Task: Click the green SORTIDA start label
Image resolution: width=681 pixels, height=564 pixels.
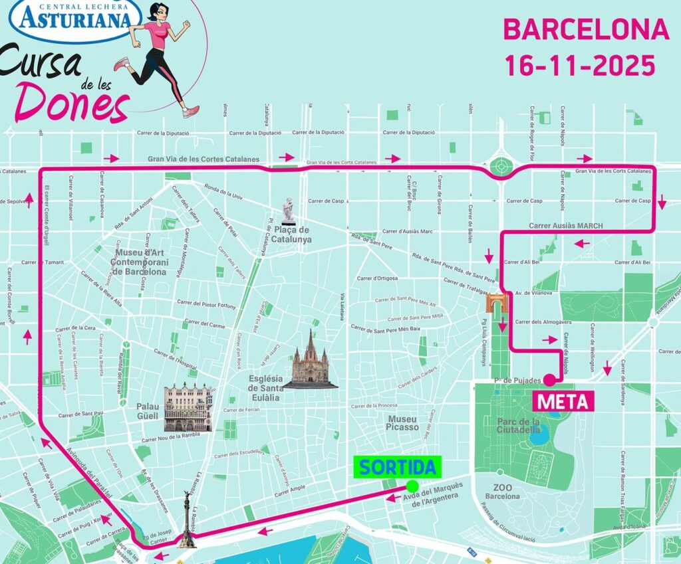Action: tap(398, 467)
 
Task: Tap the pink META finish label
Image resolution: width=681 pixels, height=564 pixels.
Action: tap(562, 401)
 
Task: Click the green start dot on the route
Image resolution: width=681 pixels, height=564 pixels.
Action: tap(412, 486)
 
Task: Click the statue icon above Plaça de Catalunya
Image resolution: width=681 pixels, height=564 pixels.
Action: tap(288, 211)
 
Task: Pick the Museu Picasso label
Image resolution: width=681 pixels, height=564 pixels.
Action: tap(402, 423)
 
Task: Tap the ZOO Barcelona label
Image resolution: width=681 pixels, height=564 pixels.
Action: tap(503, 492)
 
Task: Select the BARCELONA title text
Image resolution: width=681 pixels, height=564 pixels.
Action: tap(585, 29)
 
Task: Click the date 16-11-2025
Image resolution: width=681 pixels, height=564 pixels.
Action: tap(579, 65)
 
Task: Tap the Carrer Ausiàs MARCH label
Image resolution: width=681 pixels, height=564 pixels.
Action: tap(565, 226)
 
